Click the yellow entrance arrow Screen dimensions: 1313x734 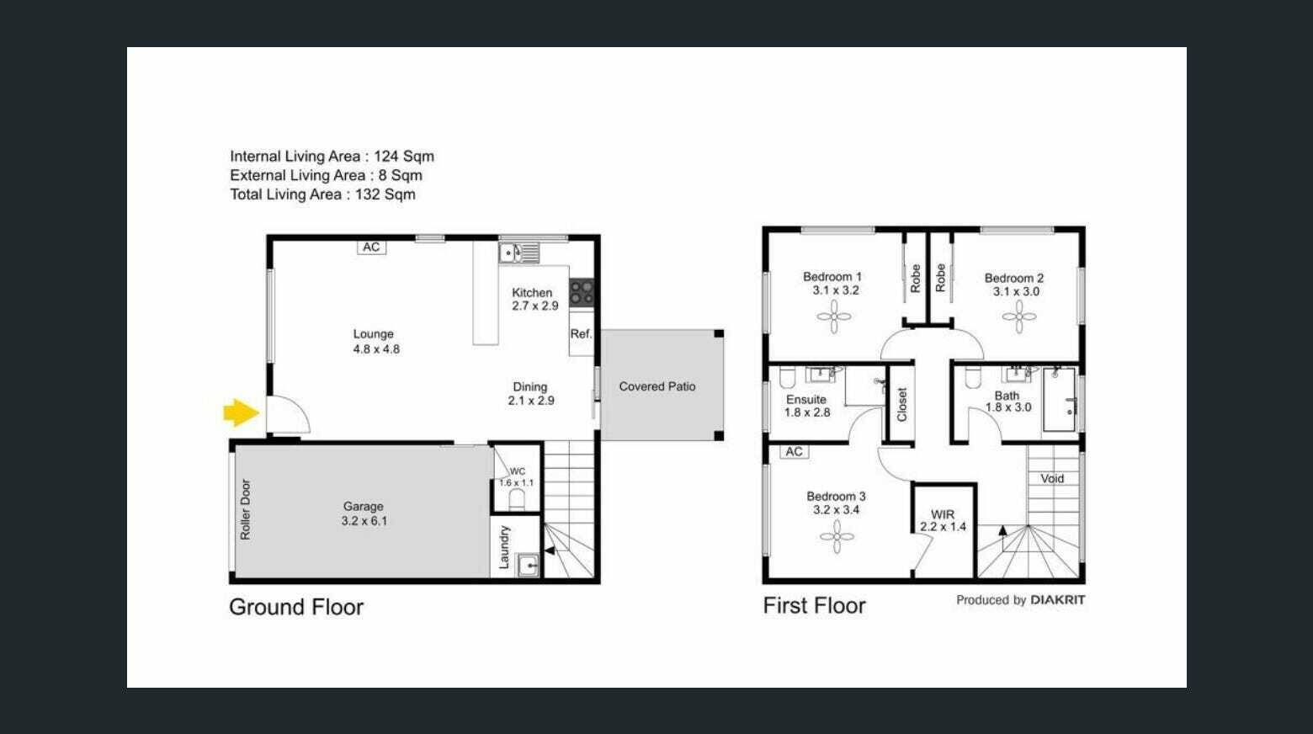point(241,412)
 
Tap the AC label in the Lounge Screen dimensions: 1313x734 point(371,247)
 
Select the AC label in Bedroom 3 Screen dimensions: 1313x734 point(795,451)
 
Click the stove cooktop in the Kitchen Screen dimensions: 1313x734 point(582,293)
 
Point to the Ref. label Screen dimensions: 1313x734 point(581,334)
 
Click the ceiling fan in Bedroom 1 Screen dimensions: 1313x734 point(834,316)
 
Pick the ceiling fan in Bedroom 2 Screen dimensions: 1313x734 point(1019,317)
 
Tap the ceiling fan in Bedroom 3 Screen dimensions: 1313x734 point(837,536)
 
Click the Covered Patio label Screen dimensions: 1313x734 point(657,387)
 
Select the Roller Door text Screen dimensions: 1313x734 point(245,509)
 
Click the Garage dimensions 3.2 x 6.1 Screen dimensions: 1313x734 point(364,520)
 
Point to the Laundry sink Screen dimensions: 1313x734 point(528,566)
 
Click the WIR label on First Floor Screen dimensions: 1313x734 point(943,514)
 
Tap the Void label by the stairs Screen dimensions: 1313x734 point(1052,478)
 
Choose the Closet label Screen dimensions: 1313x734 point(902,404)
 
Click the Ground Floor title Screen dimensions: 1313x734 point(296,608)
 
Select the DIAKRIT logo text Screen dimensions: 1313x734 point(1057,600)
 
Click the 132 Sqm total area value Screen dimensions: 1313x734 point(385,194)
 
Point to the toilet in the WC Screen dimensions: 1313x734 point(517,499)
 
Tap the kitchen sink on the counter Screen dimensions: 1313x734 point(518,253)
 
